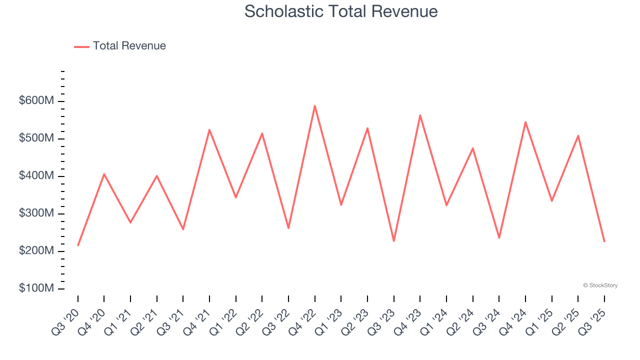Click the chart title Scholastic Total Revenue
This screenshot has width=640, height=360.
(341, 11)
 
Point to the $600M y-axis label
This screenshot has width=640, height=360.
(36, 101)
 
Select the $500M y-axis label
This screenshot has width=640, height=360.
(36, 138)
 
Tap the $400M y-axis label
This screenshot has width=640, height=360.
(36, 176)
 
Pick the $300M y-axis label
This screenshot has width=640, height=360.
(36, 213)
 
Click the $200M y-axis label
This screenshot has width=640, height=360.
(36, 251)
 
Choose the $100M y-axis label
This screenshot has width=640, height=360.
(36, 288)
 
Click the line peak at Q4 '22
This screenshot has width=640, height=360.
(315, 105)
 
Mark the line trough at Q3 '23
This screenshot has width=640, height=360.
(394, 241)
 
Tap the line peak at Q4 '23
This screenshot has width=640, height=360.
(420, 115)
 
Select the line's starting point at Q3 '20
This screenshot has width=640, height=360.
(78, 245)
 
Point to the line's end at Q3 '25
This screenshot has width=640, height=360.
(604, 242)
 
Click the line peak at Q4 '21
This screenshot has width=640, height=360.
(209, 129)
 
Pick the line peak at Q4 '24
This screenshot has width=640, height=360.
(525, 122)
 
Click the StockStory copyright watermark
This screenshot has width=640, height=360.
(600, 285)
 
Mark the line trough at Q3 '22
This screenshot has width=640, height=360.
(288, 228)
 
